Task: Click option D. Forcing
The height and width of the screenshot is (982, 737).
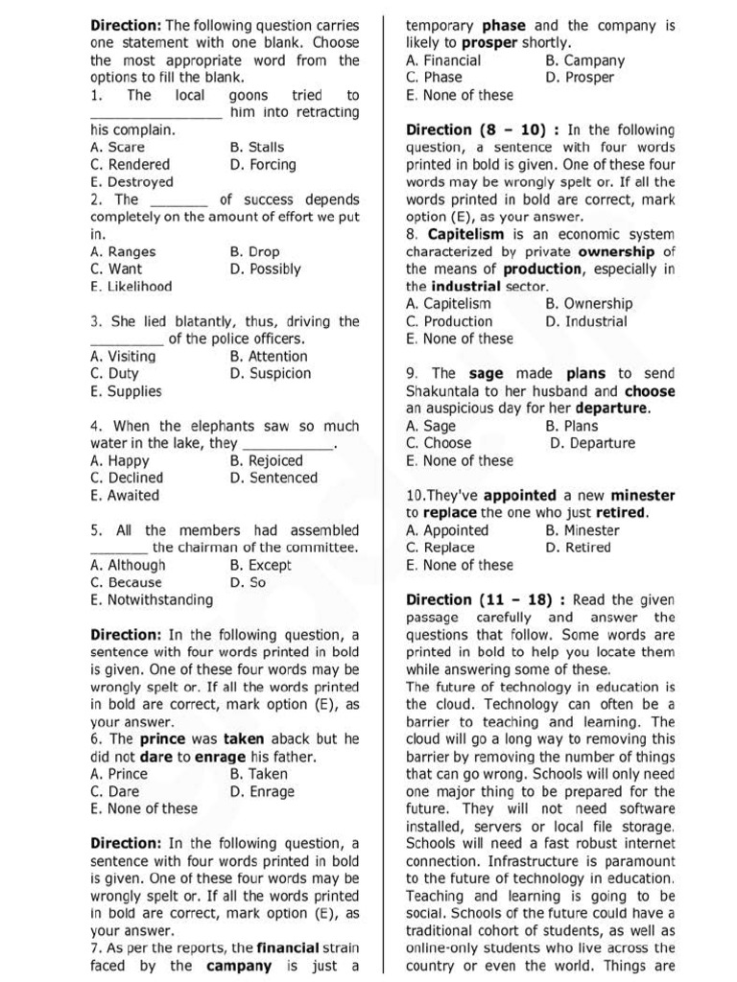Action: pyautogui.click(x=263, y=165)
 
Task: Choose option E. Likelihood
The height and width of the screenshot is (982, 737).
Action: pyautogui.click(x=131, y=287)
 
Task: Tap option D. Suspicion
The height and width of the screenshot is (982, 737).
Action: pyautogui.click(x=270, y=374)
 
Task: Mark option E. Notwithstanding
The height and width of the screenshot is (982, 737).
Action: pyautogui.click(x=151, y=600)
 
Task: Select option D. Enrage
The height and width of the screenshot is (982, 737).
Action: pyautogui.click(x=262, y=792)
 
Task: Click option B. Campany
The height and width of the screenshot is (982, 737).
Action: pyautogui.click(x=584, y=60)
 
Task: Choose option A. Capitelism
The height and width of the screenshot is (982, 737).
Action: pyautogui.click(x=448, y=304)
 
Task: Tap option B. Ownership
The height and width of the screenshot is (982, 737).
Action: pyautogui.click(x=588, y=304)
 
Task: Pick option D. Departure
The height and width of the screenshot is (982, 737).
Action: pyautogui.click(x=592, y=444)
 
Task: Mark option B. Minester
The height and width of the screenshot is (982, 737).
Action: pyautogui.click(x=582, y=530)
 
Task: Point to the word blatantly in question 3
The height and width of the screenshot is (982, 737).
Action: pyautogui.click(x=216, y=321)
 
